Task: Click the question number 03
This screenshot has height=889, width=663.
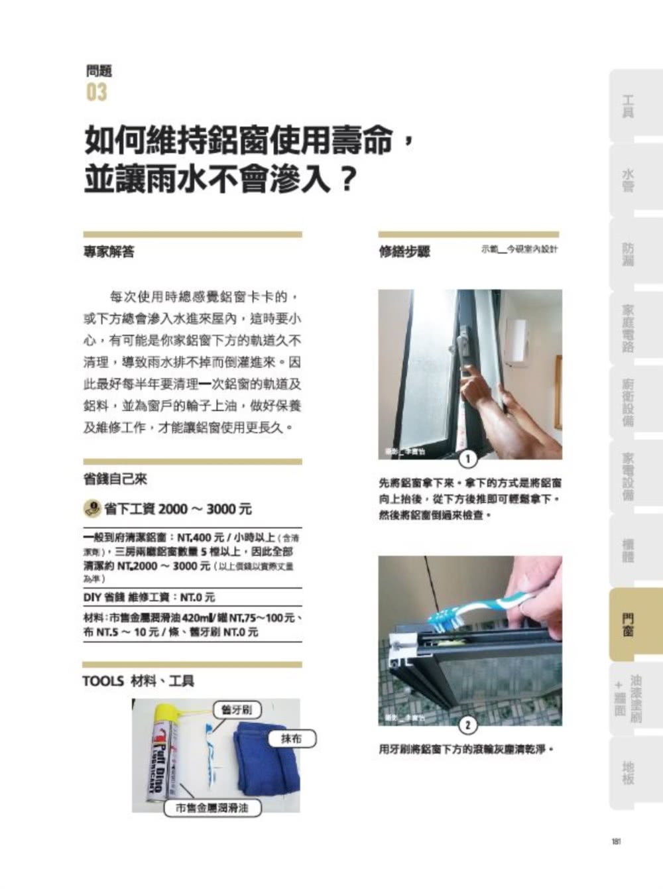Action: pyautogui.click(x=96, y=92)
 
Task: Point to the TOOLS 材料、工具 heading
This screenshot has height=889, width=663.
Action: pyautogui.click(x=138, y=681)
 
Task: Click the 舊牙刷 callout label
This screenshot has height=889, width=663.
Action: pyautogui.click(x=237, y=709)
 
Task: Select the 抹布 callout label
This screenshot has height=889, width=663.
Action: pyautogui.click(x=291, y=739)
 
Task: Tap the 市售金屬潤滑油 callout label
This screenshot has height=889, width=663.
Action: pyautogui.click(x=212, y=808)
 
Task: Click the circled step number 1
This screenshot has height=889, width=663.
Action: pyautogui.click(x=468, y=459)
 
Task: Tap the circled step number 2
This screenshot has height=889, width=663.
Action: pyautogui.click(x=468, y=725)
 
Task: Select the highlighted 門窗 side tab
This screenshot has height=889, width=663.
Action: pyautogui.click(x=627, y=624)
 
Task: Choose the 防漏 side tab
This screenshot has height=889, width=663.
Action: pyautogui.click(x=627, y=254)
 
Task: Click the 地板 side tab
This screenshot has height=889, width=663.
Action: pyautogui.click(x=627, y=772)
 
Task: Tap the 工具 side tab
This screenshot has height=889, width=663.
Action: pyautogui.click(x=627, y=106)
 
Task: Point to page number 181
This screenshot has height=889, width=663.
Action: pyautogui.click(x=616, y=841)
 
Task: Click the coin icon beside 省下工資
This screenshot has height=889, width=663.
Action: pyautogui.click(x=91, y=508)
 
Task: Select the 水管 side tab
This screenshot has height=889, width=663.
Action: pyautogui.click(x=627, y=180)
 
